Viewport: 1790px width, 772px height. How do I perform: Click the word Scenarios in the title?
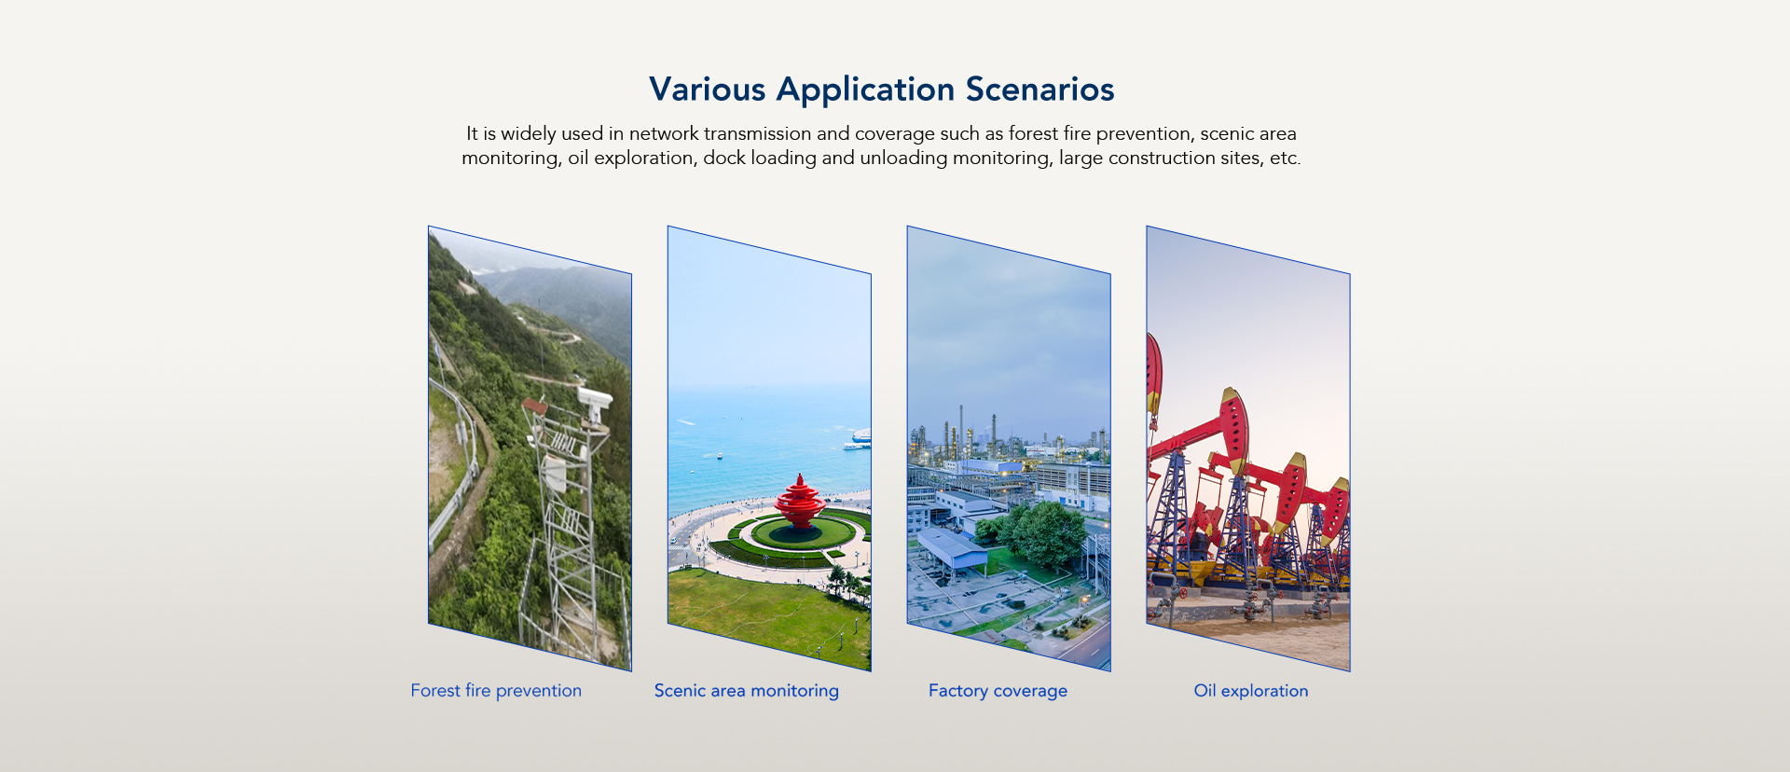(1040, 90)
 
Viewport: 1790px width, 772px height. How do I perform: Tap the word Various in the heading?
(708, 90)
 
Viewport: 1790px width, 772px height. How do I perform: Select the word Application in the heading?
(866, 90)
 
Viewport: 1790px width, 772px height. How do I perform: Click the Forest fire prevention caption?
(496, 691)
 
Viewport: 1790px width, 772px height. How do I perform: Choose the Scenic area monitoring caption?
(747, 691)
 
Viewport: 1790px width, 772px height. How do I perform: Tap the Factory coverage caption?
(998, 691)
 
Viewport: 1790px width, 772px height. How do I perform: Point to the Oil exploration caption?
(1251, 691)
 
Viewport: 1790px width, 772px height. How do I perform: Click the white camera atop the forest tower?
(594, 400)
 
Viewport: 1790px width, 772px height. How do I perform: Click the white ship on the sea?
(859, 439)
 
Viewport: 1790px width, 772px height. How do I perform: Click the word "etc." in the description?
(1286, 158)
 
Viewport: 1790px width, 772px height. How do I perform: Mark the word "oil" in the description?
(578, 158)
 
